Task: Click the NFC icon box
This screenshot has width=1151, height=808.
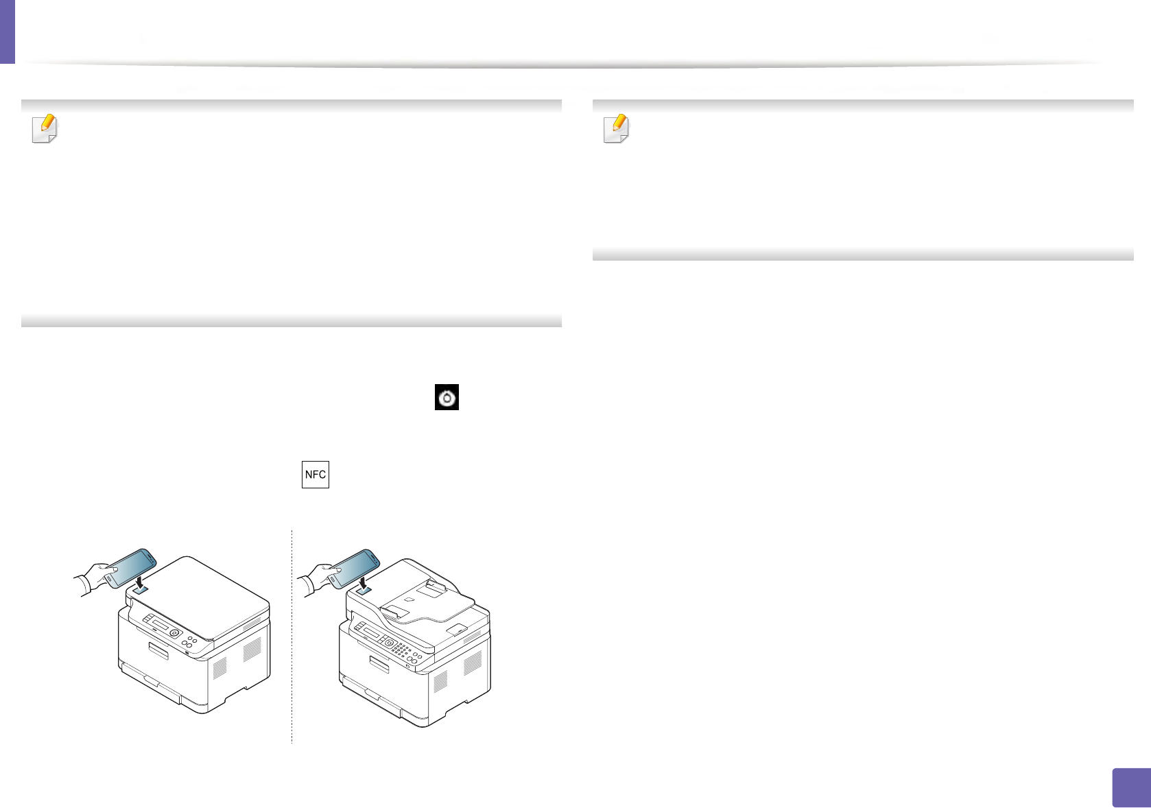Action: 316,475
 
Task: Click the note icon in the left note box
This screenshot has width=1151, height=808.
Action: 45,128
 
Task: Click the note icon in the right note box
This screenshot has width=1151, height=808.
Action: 616,128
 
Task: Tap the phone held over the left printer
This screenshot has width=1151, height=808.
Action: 132,567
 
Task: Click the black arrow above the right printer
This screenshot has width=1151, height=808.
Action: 363,582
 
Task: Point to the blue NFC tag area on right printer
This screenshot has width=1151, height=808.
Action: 363,589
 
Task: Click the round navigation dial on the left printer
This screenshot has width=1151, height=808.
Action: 174,633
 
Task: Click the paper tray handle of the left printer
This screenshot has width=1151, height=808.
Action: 158,650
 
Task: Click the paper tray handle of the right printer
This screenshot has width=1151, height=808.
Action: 379,663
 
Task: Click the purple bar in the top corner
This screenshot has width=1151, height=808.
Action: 7,32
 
